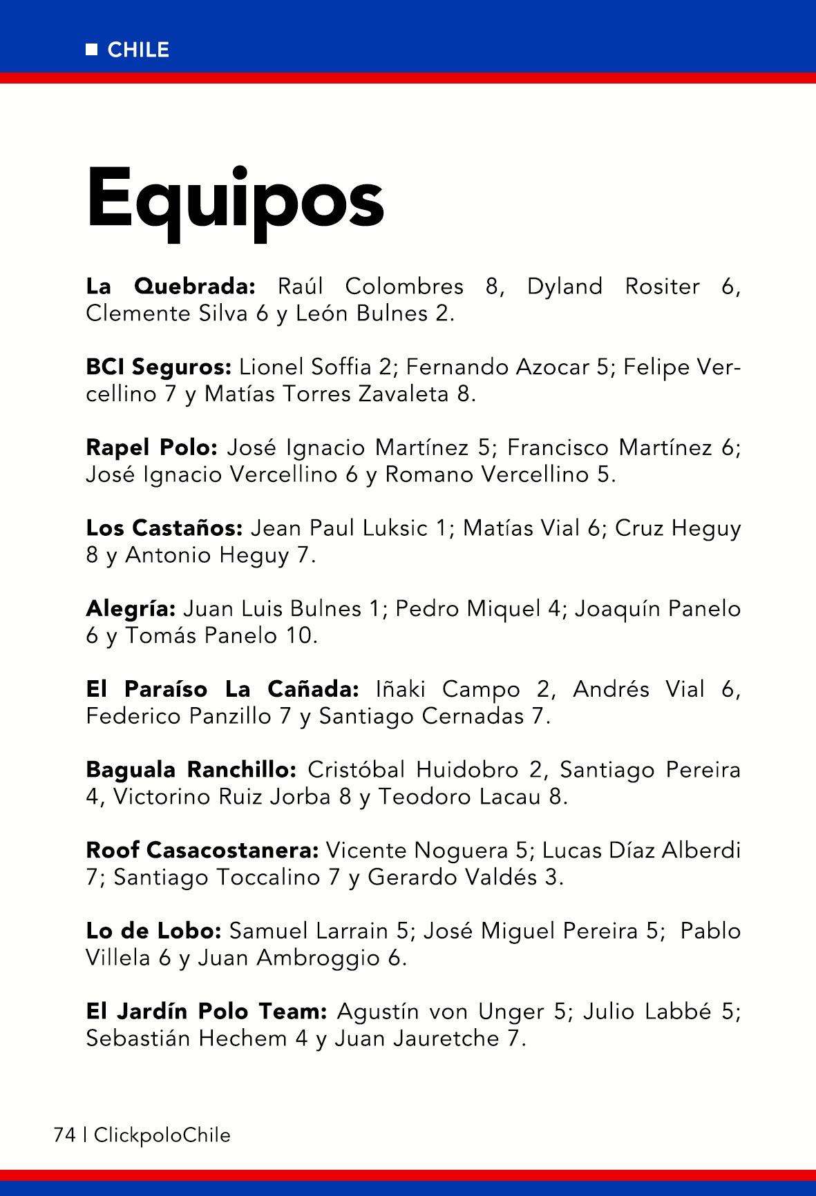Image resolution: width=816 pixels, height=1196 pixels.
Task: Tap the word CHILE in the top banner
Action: (x=138, y=50)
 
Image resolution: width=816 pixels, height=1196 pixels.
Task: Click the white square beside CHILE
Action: (x=92, y=50)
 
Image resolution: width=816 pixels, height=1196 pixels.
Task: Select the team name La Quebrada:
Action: (x=171, y=286)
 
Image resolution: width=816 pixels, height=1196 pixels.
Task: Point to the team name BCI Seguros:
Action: (x=158, y=367)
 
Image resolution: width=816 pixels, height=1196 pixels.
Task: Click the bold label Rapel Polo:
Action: (x=152, y=447)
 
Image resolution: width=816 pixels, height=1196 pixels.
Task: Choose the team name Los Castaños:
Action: (x=164, y=528)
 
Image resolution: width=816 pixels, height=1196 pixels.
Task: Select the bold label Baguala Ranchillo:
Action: (x=191, y=769)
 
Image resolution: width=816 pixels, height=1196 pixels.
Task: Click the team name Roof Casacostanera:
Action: (x=202, y=850)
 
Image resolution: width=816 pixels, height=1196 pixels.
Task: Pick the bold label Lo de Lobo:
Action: (x=153, y=931)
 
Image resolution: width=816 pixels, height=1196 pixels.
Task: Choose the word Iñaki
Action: (x=401, y=689)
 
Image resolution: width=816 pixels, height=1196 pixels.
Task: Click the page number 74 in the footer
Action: (x=64, y=1135)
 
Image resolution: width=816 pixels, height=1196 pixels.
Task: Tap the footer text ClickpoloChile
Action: (x=162, y=1135)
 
